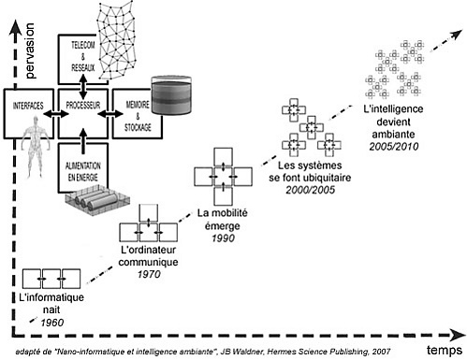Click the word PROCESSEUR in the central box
pos(83,105)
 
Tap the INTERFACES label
pos(28,106)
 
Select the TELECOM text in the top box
pos(83,45)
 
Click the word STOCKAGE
pos(138,127)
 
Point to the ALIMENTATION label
pos(83,166)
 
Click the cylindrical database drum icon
pos(171,94)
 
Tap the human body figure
pos(36,147)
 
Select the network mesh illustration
pos(116,40)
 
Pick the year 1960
pos(52,323)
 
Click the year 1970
pos(149,274)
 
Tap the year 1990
pos(223,238)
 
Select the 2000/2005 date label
pos(310,190)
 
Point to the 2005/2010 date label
pos(394,147)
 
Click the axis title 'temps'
pos(445,350)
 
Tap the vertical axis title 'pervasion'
pos(30,50)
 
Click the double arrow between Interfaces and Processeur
pos(56,114)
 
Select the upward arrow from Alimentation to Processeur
pos(83,141)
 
